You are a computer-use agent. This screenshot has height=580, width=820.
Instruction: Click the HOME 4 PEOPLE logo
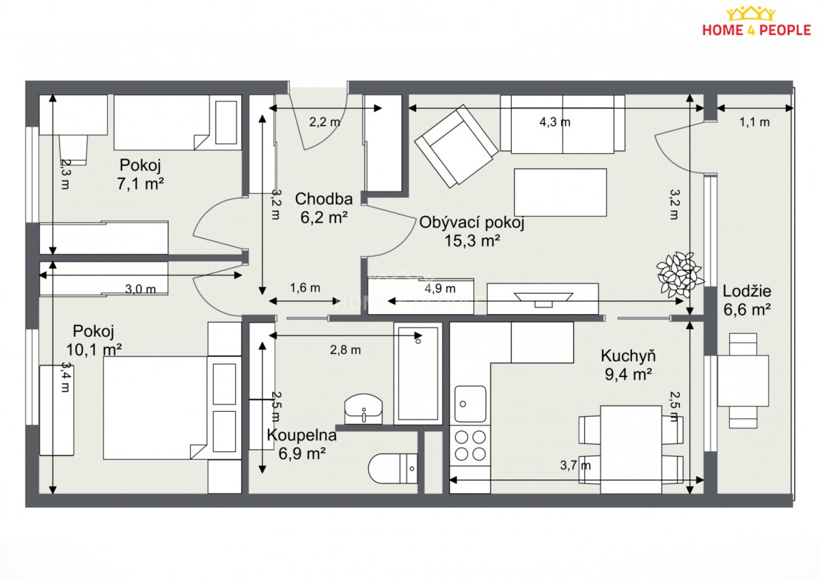[756, 21]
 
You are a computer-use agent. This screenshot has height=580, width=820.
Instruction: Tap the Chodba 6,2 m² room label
[324, 208]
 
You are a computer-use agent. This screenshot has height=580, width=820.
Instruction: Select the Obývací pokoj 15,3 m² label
[472, 232]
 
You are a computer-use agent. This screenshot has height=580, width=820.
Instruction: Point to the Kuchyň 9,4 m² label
[628, 365]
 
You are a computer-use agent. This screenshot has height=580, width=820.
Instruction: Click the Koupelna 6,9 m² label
[301, 444]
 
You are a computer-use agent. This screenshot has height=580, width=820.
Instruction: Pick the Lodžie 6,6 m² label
[747, 301]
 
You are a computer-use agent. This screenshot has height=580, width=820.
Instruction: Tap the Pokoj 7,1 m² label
[140, 174]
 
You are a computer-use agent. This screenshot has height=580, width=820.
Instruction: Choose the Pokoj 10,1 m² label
[94, 340]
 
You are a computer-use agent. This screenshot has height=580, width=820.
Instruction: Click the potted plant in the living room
[680, 275]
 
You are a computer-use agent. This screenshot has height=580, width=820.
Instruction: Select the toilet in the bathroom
[393, 469]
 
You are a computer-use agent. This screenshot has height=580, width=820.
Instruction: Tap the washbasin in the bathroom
[364, 409]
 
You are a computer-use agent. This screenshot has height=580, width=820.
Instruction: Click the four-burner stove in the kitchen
[470, 445]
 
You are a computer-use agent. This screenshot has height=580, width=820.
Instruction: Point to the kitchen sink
[470, 404]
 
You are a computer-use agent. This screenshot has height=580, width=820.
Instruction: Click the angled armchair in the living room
[456, 146]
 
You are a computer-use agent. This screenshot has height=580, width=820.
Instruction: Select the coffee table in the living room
[560, 192]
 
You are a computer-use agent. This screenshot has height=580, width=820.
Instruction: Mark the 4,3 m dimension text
[555, 122]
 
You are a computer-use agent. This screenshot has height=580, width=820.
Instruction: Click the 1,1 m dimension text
[754, 122]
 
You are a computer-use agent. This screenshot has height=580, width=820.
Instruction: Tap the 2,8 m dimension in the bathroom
[345, 350]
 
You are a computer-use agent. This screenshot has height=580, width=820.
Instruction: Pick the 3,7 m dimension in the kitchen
[575, 465]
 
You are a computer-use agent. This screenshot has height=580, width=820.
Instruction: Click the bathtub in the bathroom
[418, 374]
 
